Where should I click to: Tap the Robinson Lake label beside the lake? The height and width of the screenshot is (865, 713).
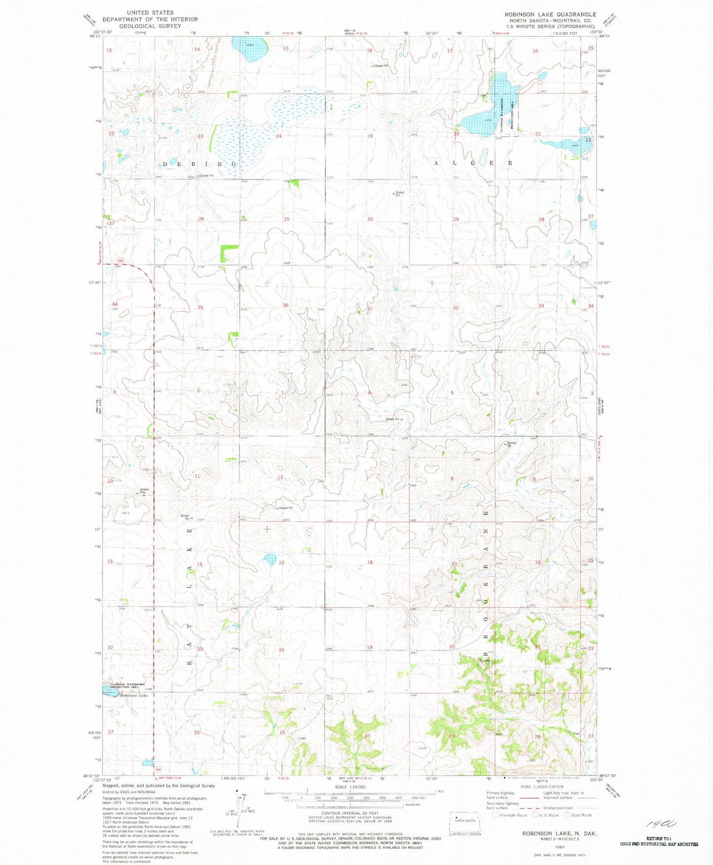pos(133,695)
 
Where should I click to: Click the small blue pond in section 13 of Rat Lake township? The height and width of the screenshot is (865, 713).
pos(269,559)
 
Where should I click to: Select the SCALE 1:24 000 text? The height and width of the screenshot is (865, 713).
pos(349,787)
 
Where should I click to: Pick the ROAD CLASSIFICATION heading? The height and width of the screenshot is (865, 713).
pos(542,786)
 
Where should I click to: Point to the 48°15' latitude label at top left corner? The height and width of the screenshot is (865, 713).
pos(94,36)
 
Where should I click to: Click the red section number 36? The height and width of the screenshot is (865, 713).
pos(285,306)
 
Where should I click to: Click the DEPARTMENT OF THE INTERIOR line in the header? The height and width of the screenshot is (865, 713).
pos(150,19)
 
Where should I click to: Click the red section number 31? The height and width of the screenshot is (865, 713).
pos(370,309)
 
